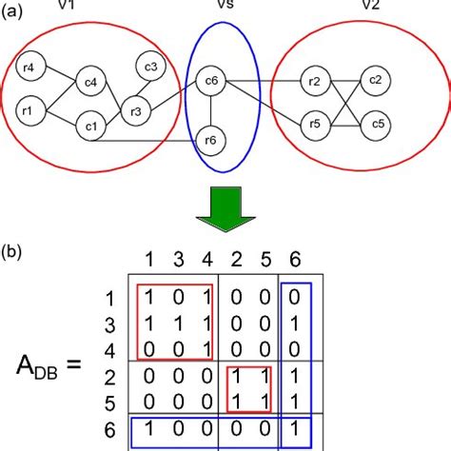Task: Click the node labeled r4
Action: [29, 69]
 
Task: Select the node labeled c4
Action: [90, 83]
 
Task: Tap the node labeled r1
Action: [29, 112]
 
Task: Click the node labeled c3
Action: [150, 67]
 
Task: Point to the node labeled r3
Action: [136, 112]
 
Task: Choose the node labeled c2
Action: [376, 79]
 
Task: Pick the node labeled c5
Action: [377, 124]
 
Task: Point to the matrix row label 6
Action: [109, 429]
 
